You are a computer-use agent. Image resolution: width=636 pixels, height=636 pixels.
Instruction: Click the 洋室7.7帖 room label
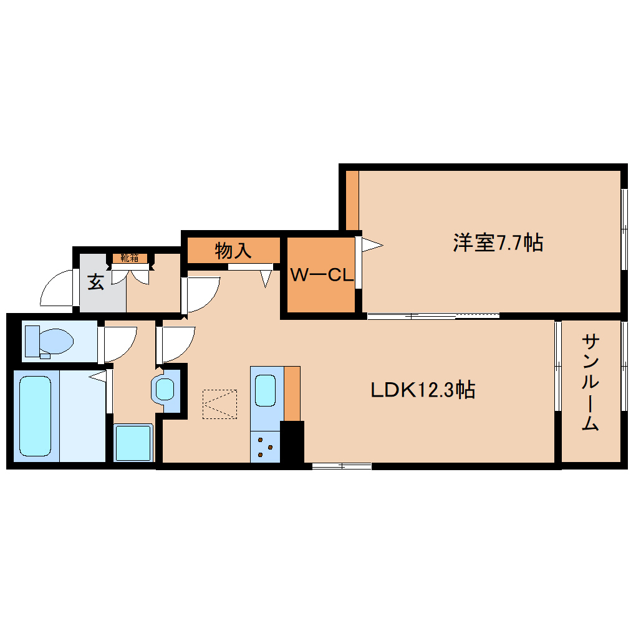tap(498, 243)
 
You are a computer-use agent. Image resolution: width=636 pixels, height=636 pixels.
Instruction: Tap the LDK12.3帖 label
tap(423, 390)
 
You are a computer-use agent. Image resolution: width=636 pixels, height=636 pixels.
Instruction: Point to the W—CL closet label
tap(322, 275)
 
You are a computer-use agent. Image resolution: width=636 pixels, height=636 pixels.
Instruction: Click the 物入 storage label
tap(233, 251)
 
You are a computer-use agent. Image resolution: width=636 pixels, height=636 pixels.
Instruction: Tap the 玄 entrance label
tap(95, 282)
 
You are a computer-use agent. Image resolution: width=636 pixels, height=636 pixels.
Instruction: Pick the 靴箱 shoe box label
tap(130, 258)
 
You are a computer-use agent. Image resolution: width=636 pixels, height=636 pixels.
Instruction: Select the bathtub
tap(35, 416)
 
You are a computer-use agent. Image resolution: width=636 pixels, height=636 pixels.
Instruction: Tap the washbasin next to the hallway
tap(165, 390)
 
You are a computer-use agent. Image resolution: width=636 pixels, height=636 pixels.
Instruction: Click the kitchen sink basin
tap(266, 391)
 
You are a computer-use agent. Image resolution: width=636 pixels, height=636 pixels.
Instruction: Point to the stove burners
tap(266, 447)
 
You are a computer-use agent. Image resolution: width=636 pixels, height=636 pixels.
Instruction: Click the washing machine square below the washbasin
tap(133, 442)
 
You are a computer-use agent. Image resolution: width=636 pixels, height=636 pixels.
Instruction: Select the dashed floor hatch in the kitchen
tap(219, 404)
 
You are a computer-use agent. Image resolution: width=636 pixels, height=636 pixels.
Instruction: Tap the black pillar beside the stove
tap(292, 442)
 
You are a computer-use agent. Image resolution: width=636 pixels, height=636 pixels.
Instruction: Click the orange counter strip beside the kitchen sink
tap(292, 393)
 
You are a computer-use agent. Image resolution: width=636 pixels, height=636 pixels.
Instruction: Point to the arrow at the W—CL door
tap(372, 245)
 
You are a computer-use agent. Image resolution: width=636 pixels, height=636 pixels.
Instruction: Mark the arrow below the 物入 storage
tap(267, 277)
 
